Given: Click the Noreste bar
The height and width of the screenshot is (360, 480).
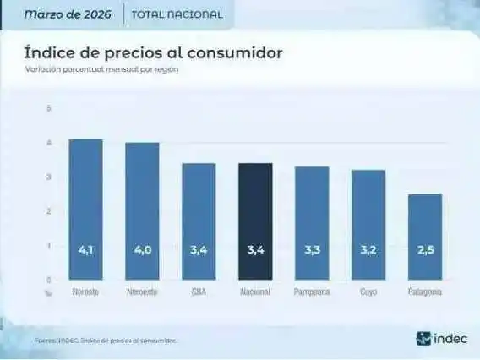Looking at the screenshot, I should pyautogui.click(x=85, y=209).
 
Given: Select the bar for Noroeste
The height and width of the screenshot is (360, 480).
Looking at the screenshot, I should pyautogui.click(x=142, y=210).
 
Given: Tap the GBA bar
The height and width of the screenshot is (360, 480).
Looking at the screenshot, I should pyautogui.click(x=199, y=221).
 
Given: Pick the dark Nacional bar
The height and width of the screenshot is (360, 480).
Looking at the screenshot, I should pyautogui.click(x=255, y=221).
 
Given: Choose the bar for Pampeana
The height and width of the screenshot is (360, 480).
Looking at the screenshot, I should pyautogui.click(x=312, y=223).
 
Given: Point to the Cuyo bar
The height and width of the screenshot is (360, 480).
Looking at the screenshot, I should pyautogui.click(x=368, y=225).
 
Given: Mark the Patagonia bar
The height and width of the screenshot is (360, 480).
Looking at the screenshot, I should pyautogui.click(x=425, y=237).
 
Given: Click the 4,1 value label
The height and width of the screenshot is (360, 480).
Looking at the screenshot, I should pyautogui.click(x=85, y=250).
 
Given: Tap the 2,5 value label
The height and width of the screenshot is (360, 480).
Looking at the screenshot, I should pyautogui.click(x=425, y=250).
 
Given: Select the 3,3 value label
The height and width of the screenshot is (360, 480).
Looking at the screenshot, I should pyautogui.click(x=312, y=250).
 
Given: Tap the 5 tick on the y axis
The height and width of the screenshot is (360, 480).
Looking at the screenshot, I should pyautogui.click(x=49, y=108).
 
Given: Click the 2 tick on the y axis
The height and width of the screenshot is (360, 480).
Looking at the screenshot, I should pyautogui.click(x=49, y=211).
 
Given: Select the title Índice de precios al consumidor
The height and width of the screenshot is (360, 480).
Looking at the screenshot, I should pyautogui.click(x=153, y=52).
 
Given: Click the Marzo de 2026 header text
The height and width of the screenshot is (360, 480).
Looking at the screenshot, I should pyautogui.click(x=69, y=14).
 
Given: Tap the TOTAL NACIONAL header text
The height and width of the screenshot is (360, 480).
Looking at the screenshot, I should pyautogui.click(x=177, y=14).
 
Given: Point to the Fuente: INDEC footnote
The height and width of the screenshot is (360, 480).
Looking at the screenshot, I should pyautogui.click(x=105, y=340).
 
